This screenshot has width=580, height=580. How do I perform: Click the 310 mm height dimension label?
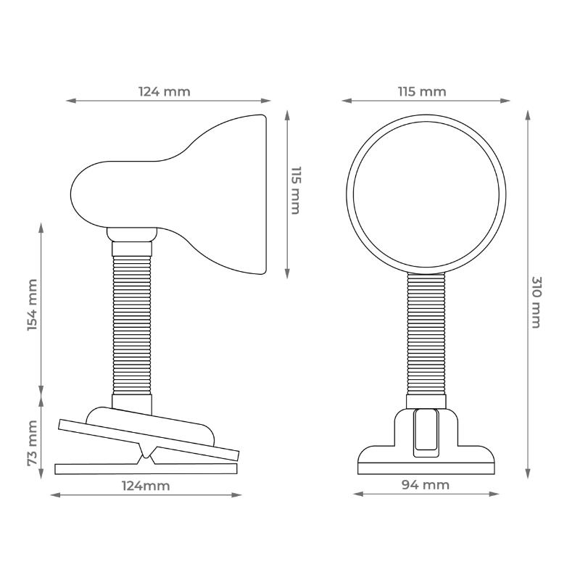536,302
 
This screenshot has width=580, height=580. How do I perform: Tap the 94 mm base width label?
426,484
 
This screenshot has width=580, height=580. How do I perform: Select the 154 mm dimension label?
33,305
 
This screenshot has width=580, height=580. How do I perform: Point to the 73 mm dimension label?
33,443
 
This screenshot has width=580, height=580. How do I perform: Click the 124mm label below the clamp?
146,485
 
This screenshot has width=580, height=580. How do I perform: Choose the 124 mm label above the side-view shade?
165,91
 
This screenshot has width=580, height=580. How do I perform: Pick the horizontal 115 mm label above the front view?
422,91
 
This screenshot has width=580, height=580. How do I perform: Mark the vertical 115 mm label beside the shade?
296,190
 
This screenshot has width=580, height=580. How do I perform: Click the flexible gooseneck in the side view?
132,326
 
